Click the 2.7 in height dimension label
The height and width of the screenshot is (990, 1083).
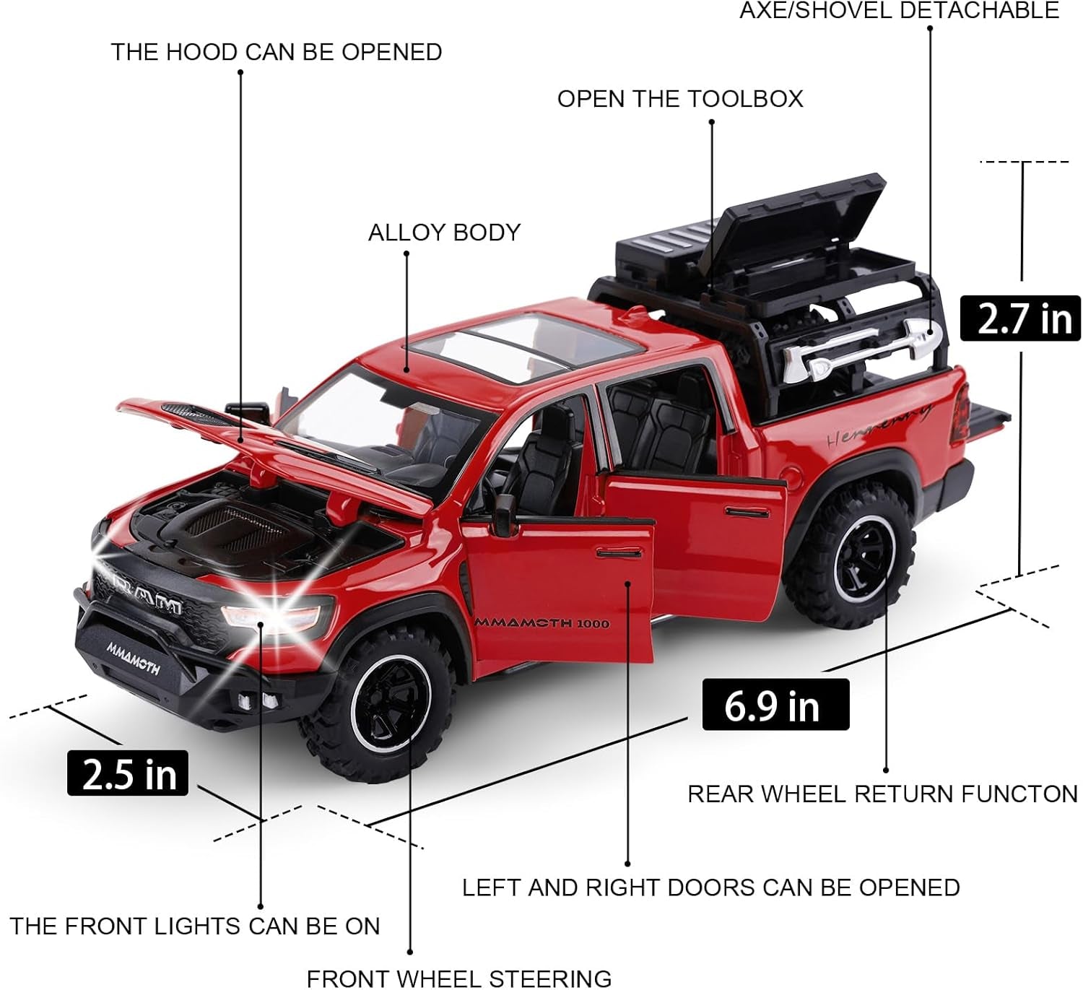(x=1019, y=318)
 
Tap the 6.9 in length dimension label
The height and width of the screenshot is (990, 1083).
(x=775, y=705)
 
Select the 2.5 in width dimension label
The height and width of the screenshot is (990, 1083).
(x=128, y=773)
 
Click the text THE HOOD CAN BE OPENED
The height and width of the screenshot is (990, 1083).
(x=276, y=53)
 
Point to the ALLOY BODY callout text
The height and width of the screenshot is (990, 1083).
(x=444, y=233)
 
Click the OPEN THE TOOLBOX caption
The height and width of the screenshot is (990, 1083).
(x=679, y=99)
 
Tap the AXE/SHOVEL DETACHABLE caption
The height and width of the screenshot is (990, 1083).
(x=899, y=11)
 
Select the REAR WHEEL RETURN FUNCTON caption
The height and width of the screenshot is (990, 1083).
(x=882, y=794)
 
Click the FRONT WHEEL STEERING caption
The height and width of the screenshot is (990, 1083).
(x=459, y=978)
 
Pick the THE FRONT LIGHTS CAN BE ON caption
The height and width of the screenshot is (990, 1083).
(x=195, y=926)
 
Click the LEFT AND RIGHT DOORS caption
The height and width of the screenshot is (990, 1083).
(x=710, y=887)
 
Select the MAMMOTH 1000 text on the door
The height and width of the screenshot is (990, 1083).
(x=541, y=622)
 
